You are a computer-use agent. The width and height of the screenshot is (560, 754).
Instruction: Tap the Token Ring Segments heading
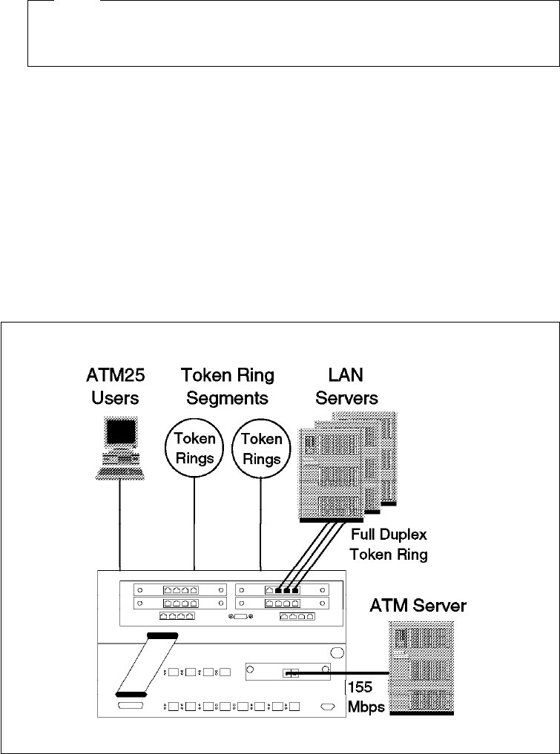(227, 386)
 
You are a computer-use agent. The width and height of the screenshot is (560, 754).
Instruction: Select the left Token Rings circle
(194, 449)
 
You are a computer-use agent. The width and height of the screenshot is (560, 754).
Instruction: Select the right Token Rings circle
(261, 449)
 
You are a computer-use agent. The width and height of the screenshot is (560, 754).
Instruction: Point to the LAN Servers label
(346, 386)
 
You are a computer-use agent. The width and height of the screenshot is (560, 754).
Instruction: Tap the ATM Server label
(418, 606)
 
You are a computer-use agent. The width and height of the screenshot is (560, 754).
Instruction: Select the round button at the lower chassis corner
(337, 653)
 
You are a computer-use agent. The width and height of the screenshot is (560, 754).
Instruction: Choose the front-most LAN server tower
(332, 474)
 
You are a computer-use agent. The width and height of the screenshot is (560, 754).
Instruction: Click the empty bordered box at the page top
(294, 33)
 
